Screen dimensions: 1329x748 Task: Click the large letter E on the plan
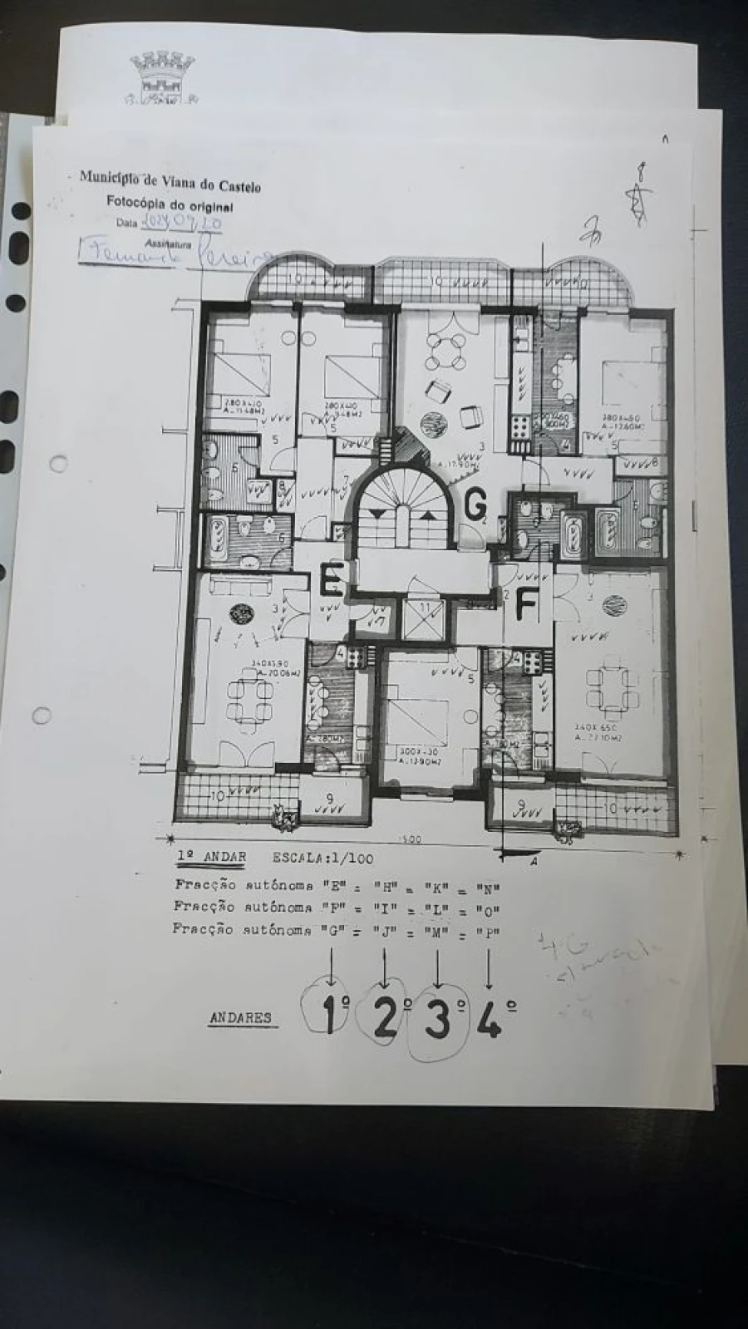(x=332, y=580)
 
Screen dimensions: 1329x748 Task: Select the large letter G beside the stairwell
(x=475, y=503)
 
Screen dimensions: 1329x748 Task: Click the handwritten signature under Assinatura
(x=175, y=253)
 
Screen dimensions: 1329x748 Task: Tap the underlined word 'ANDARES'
(x=240, y=1017)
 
